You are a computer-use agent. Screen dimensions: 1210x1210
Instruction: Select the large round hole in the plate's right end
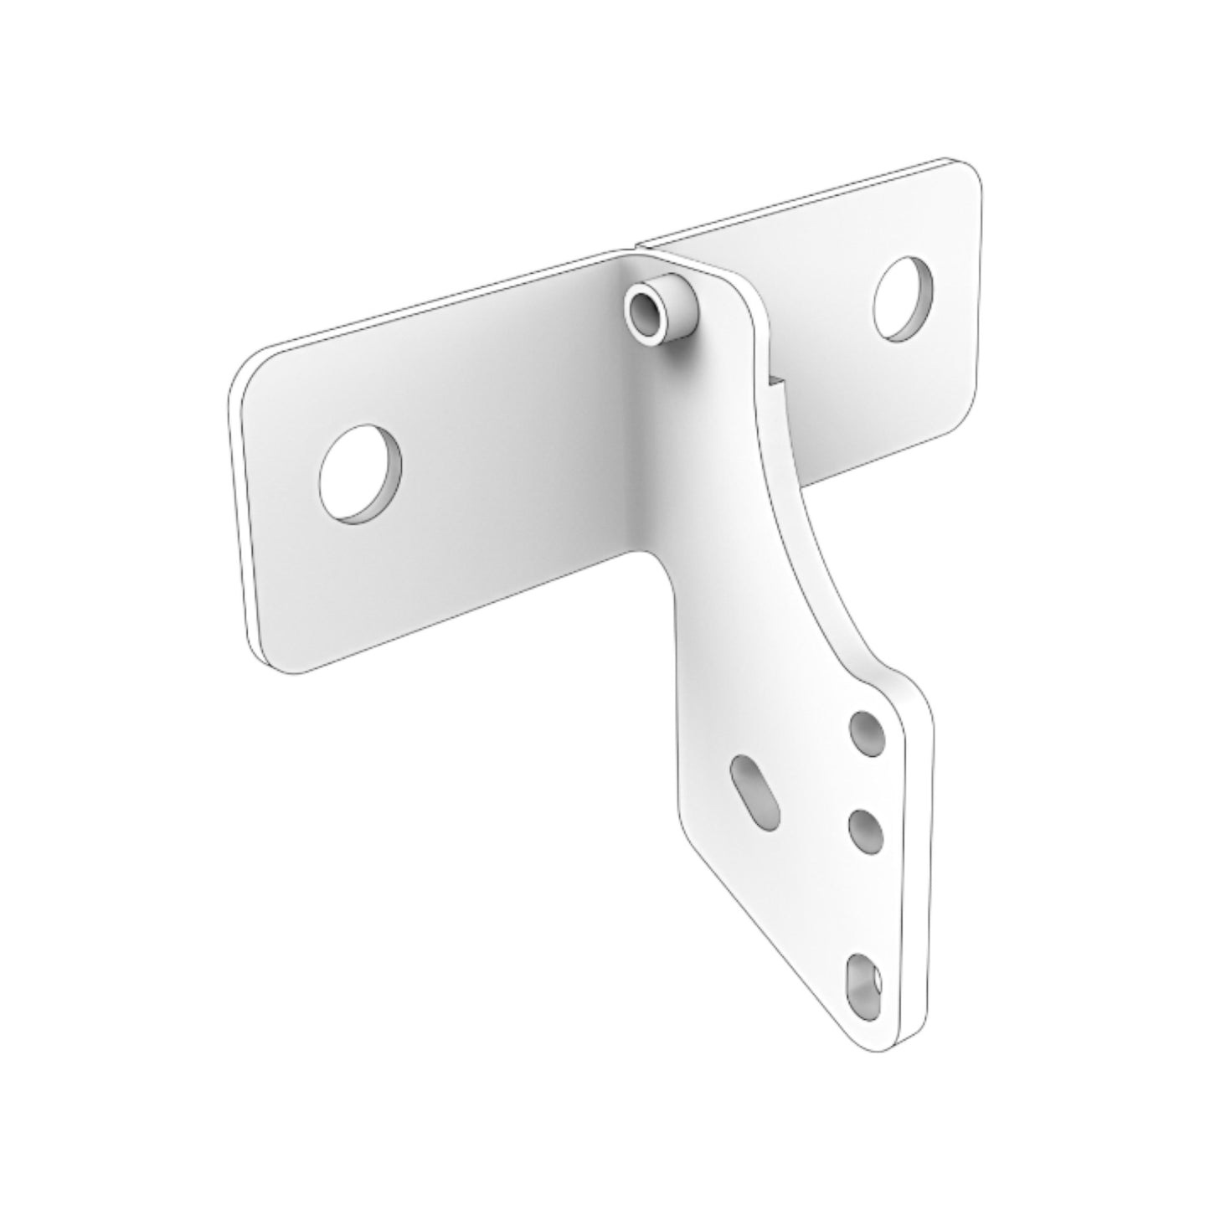904,297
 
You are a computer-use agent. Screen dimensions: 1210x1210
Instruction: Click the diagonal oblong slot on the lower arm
758,793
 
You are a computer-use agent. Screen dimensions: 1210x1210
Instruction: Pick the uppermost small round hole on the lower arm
867,734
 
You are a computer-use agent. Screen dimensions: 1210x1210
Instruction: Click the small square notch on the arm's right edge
777,382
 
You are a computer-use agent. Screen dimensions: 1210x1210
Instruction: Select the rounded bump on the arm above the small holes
900,678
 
